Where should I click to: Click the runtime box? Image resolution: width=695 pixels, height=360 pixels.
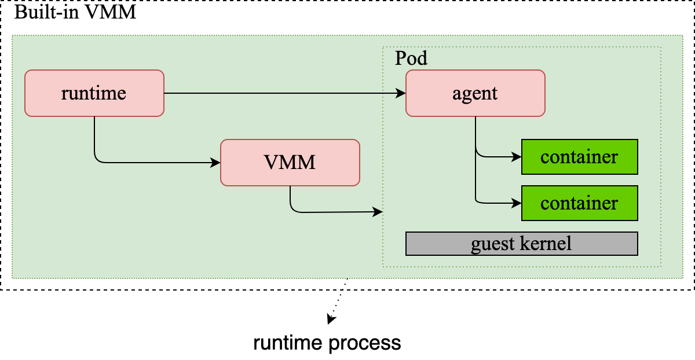pos(94,93)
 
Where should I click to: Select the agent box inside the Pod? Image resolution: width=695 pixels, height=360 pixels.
pos(475,93)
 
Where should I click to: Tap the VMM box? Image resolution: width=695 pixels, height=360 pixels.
pos(290,163)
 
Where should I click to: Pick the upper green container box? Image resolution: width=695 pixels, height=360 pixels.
pos(579,157)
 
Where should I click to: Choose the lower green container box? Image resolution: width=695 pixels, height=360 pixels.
pos(579,203)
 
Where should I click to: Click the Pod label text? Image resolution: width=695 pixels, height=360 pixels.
pos(411,58)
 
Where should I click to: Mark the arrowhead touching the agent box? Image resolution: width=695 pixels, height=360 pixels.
pos(401,93)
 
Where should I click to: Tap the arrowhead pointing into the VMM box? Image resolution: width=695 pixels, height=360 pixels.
pos(216,163)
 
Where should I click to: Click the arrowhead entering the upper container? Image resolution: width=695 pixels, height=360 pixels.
pos(517,156)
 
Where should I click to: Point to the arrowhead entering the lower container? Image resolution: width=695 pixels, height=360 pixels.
pos(517,203)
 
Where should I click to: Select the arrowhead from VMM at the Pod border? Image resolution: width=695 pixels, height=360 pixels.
pos(378,212)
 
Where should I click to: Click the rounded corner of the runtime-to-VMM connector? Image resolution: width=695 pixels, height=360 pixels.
pos(97,160)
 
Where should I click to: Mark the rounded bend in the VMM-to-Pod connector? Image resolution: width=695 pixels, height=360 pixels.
pos(293,210)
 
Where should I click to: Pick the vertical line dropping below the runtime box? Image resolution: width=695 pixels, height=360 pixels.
pos(94,136)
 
